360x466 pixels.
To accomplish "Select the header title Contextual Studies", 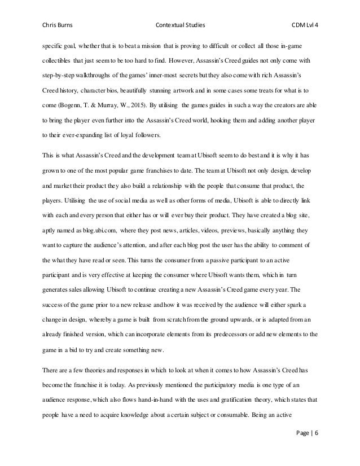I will tap(179, 25).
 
